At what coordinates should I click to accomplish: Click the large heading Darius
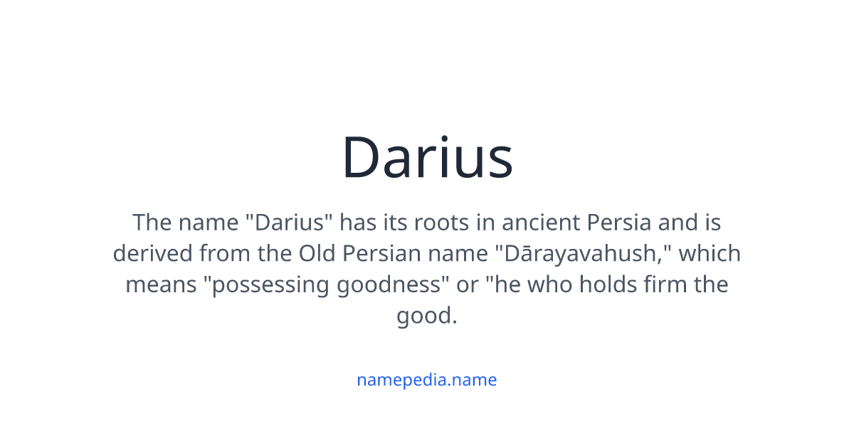427,158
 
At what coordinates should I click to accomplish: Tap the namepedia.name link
427,380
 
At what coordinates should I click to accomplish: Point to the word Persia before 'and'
619,223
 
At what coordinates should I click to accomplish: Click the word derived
153,254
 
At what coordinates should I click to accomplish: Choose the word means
160,285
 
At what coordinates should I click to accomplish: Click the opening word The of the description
152,223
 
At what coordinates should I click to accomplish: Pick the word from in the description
223,254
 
